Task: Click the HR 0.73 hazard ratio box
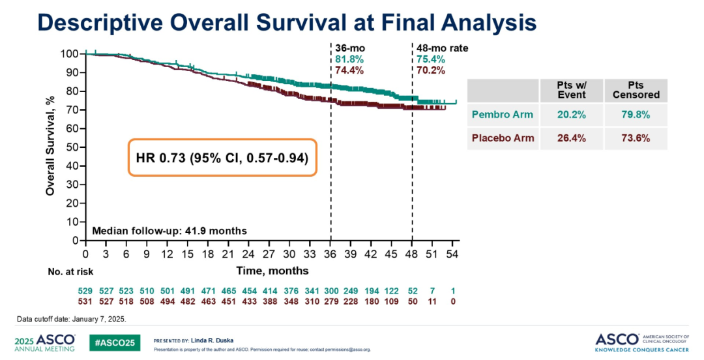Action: coord(222,157)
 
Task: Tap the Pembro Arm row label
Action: coord(503,115)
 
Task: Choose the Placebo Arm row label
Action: coord(503,138)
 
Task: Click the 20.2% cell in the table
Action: coord(570,115)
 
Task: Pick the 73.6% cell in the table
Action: coord(636,138)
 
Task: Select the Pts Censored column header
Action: coord(636,90)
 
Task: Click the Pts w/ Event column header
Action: coord(570,90)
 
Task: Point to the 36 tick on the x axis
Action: coord(330,254)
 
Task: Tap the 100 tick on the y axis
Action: coord(70,53)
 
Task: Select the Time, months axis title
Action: coord(272,270)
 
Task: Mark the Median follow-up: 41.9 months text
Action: coord(169,231)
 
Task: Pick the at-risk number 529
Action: coord(85,290)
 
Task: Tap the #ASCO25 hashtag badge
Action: coord(115,342)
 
